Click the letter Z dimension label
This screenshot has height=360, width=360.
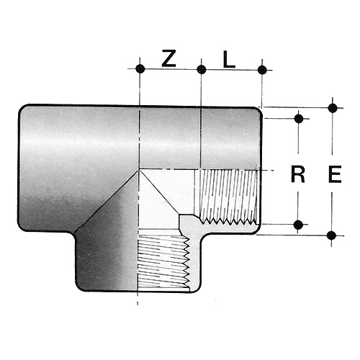(x=169, y=58)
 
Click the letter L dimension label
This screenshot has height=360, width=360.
(x=229, y=59)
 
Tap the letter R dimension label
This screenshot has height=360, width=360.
(x=298, y=174)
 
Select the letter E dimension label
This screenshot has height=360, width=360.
(x=335, y=174)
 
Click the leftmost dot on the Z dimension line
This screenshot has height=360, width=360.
(x=140, y=69)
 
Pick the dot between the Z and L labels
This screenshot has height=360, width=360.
(x=202, y=70)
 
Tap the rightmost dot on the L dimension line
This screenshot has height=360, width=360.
(x=262, y=70)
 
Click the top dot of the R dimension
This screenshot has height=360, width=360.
(x=299, y=119)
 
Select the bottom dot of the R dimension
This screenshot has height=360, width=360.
(x=298, y=225)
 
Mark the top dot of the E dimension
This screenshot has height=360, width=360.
(x=333, y=108)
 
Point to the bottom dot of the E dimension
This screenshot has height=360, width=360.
(x=331, y=235)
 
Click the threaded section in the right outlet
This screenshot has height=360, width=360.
(x=228, y=197)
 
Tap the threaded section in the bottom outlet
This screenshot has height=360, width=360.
(x=163, y=261)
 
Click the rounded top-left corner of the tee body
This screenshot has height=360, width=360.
(x=22, y=109)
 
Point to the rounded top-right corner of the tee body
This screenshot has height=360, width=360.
(x=258, y=111)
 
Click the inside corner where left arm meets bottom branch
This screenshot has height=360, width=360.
(x=74, y=233)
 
